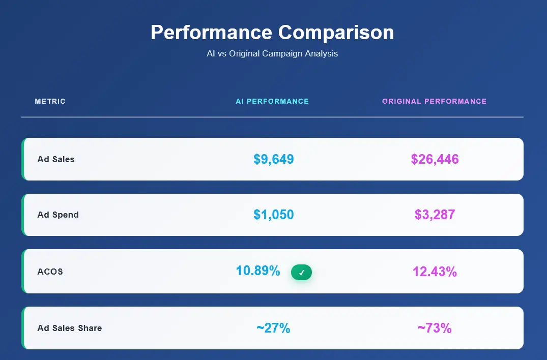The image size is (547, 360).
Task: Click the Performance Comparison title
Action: pyautogui.click(x=272, y=33)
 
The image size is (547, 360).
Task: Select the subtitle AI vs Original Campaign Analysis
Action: pyautogui.click(x=272, y=53)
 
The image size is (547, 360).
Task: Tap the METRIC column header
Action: pyautogui.click(x=50, y=101)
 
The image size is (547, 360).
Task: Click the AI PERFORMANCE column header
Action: pyautogui.click(x=272, y=101)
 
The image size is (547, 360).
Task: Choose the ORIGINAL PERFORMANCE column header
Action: pyautogui.click(x=434, y=101)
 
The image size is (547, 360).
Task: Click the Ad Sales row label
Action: pyautogui.click(x=56, y=159)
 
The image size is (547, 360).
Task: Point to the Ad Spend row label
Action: pyautogui.click(x=58, y=215)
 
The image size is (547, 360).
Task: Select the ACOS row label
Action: pyautogui.click(x=50, y=272)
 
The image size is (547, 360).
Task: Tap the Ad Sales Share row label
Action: pyautogui.click(x=69, y=328)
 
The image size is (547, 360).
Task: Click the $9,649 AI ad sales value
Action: pyautogui.click(x=274, y=159)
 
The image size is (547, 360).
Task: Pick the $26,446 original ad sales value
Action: pyautogui.click(x=435, y=159)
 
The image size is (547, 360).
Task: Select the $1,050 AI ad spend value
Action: pyautogui.click(x=274, y=215)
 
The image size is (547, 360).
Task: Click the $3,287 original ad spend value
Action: pyautogui.click(x=435, y=215)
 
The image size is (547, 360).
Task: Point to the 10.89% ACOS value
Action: pyautogui.click(x=258, y=271)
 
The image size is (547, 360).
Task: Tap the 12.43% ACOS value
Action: pyautogui.click(x=435, y=272)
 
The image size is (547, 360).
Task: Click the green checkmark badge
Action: pyautogui.click(x=301, y=273)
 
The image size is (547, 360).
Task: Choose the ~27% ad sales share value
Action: pyautogui.click(x=273, y=328)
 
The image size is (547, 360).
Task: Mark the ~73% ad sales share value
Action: pyautogui.click(x=435, y=328)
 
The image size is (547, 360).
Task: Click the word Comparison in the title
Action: pyautogui.click(x=336, y=33)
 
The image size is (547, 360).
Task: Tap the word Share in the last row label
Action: pyautogui.click(x=90, y=328)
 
